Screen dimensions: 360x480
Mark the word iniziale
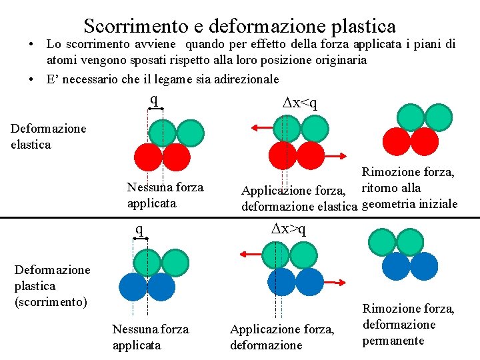pyautogui.click(x=436, y=203)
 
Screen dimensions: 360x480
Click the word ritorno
pyautogui.click(x=381, y=188)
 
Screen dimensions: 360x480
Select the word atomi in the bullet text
pyautogui.click(x=61, y=60)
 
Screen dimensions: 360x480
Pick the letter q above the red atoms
pyautogui.click(x=154, y=100)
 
